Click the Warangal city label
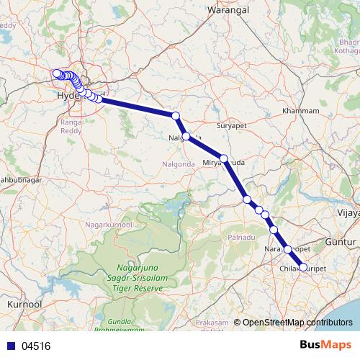(x=228, y=10)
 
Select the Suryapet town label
(x=232, y=123)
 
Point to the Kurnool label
(x=22, y=305)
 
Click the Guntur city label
(x=341, y=243)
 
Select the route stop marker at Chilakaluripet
(x=302, y=267)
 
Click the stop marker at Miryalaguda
(x=224, y=158)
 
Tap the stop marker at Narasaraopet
(x=288, y=249)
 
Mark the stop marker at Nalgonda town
(x=186, y=136)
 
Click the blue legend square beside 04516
(x=9, y=346)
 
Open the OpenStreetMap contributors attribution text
(x=297, y=323)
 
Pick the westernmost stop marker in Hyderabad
(x=55, y=73)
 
